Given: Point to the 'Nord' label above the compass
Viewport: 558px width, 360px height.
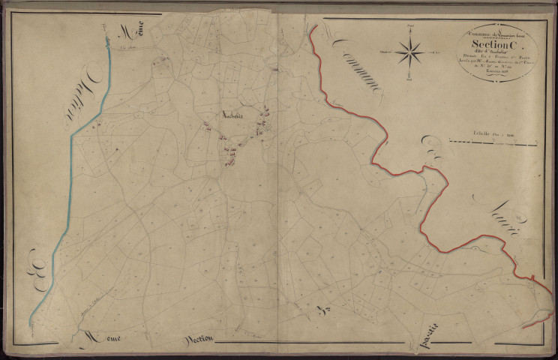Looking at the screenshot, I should click(x=409, y=26).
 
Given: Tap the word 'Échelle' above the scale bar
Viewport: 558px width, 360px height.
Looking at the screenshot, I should click(x=475, y=133).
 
